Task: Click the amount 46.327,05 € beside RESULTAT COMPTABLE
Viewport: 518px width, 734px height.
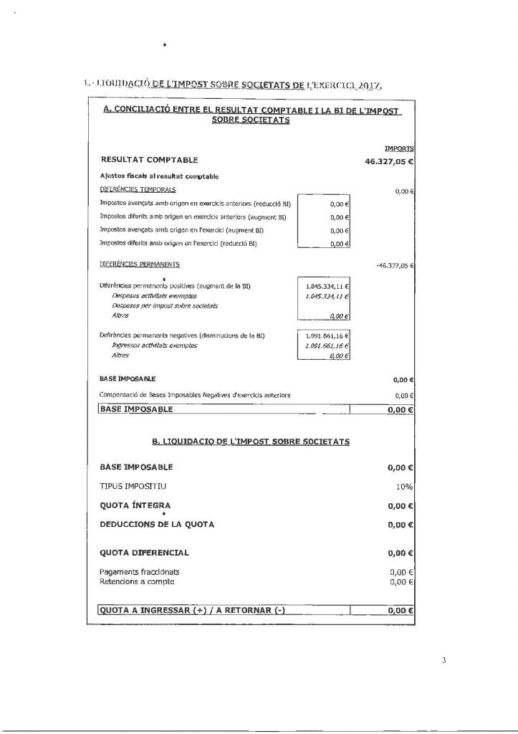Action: [390, 161]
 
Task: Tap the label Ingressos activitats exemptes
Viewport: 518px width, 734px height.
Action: [155, 345]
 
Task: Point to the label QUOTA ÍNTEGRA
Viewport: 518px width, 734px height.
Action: [135, 505]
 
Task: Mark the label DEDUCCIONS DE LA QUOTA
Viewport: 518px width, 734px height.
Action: [157, 524]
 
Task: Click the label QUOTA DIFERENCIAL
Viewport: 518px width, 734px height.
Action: [145, 553]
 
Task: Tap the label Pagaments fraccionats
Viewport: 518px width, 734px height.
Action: [140, 572]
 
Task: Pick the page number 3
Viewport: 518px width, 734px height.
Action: [444, 661]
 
